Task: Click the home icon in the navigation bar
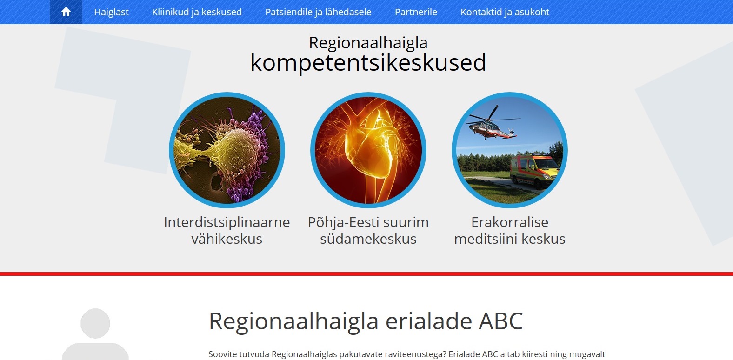click(66, 12)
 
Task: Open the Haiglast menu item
click(111, 12)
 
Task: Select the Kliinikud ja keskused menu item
click(197, 12)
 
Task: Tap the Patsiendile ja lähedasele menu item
click(318, 12)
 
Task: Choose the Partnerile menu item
click(416, 12)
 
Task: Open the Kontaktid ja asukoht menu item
click(505, 12)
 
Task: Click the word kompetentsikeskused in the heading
click(368, 63)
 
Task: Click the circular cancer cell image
click(227, 150)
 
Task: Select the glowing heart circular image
click(368, 150)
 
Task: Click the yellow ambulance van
click(534, 171)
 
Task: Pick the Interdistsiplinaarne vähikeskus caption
click(227, 230)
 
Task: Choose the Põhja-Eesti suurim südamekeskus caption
click(368, 230)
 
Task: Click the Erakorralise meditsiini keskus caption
click(509, 230)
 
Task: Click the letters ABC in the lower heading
click(500, 321)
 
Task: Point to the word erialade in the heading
click(429, 321)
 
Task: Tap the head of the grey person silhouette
click(95, 323)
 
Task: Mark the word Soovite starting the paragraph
click(222, 354)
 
